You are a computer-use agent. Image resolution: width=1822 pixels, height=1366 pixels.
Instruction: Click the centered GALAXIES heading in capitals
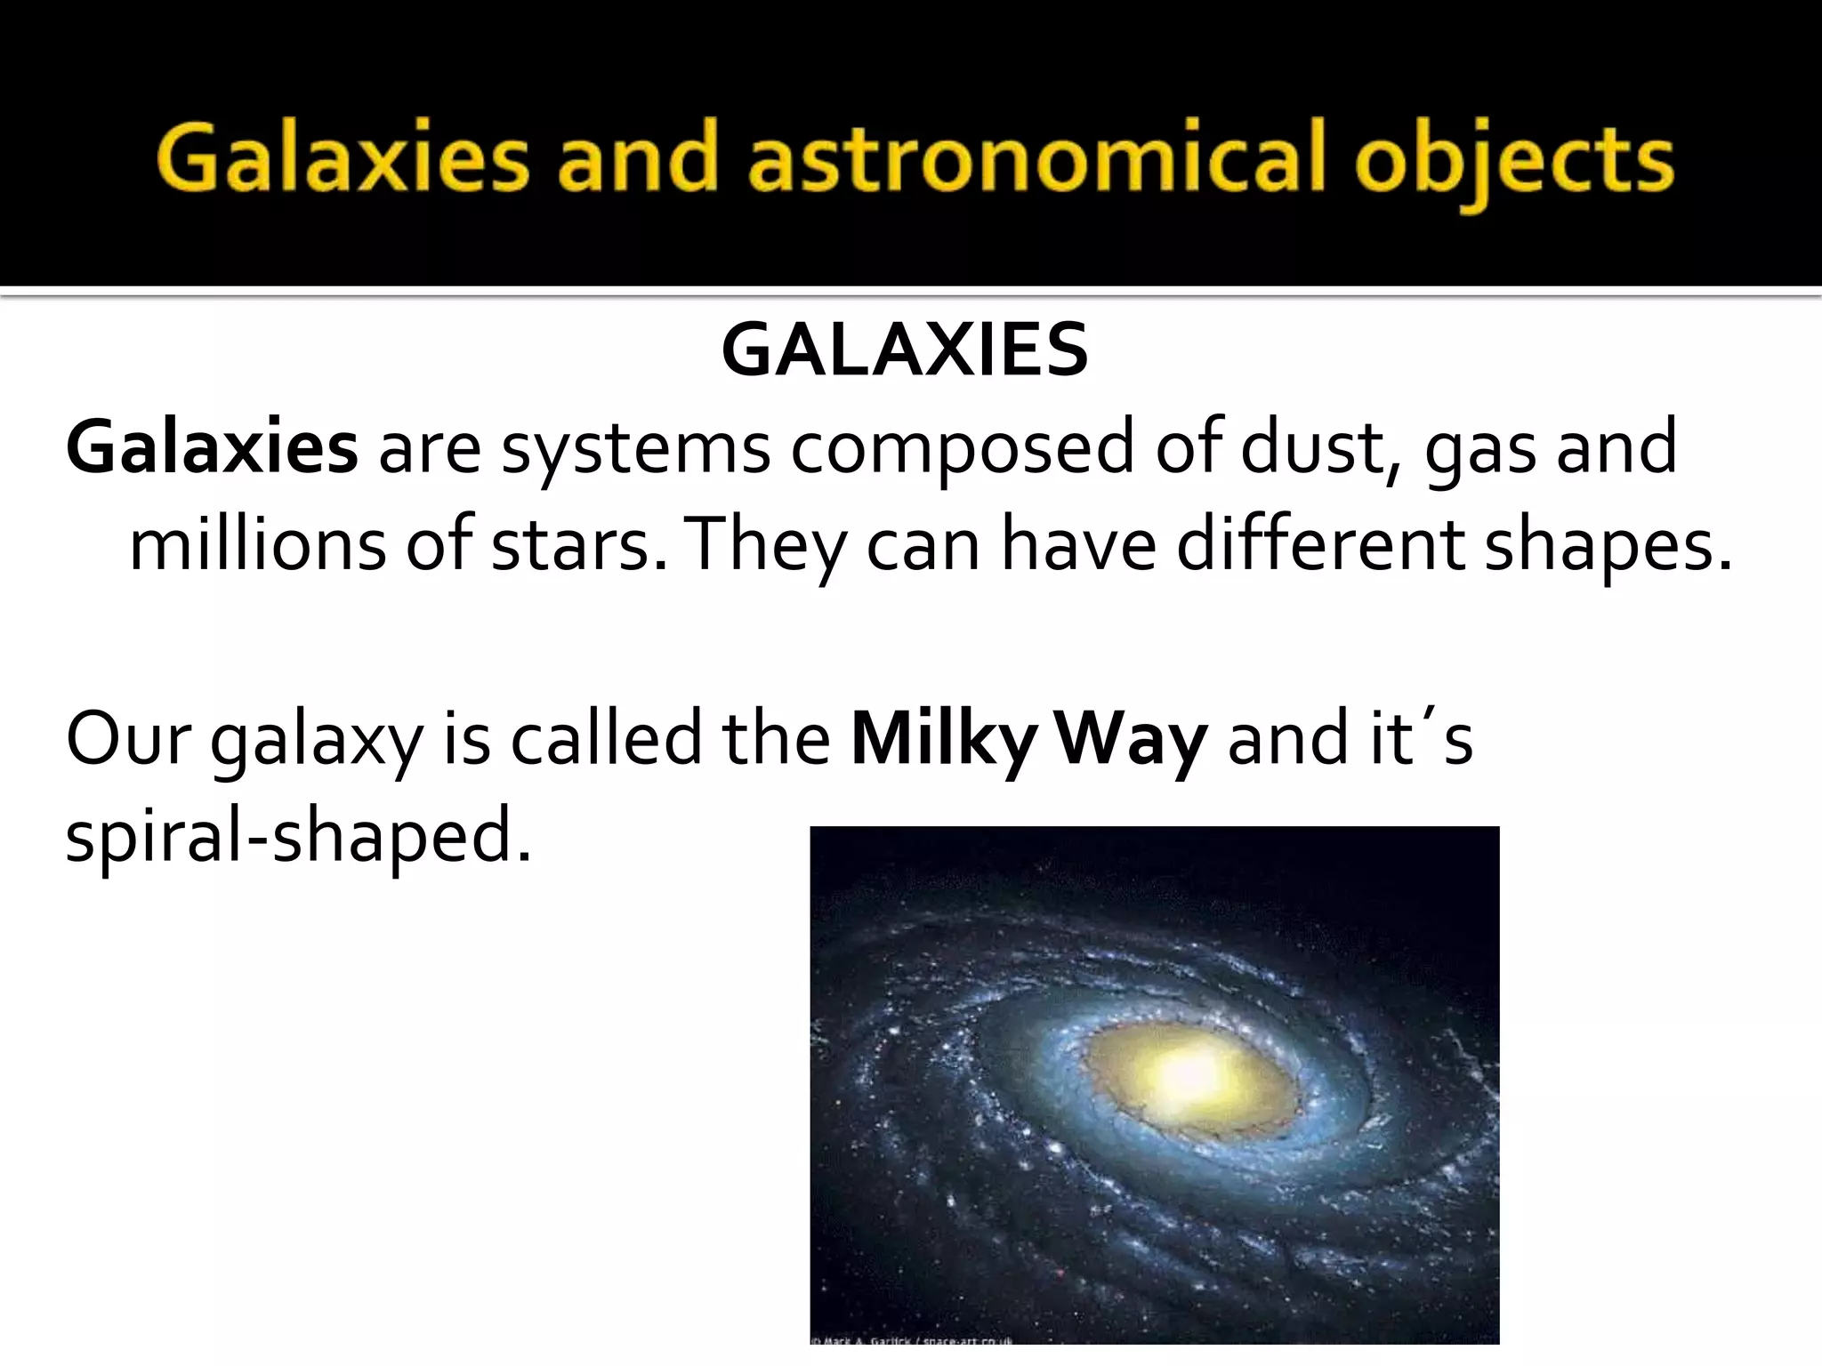pyautogui.click(x=905, y=350)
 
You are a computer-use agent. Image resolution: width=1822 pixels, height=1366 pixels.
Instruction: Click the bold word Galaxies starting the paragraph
pyautogui.click(x=212, y=447)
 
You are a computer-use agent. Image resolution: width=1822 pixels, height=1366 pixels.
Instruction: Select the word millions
pyautogui.click(x=257, y=543)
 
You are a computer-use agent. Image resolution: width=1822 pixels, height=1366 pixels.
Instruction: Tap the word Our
pyautogui.click(x=128, y=739)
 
